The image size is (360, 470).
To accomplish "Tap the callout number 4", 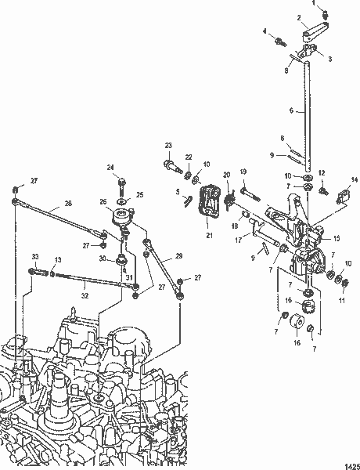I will [x=265, y=31].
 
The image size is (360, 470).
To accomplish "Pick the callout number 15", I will [x=337, y=237].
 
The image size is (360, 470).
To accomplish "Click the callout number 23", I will [x=168, y=146].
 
